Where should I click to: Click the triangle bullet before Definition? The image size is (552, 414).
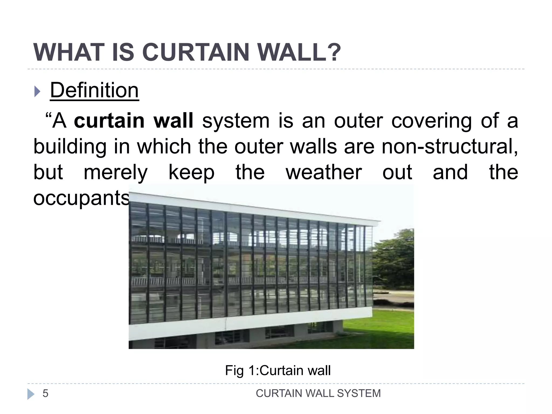pos(37,91)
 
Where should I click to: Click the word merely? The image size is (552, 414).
pos(116,173)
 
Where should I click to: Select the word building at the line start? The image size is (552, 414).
pos(70,147)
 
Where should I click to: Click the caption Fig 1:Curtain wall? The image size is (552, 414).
pos(278,370)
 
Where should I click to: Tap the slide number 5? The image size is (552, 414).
pos(45,394)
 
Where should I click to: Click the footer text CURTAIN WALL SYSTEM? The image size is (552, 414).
pos(318,394)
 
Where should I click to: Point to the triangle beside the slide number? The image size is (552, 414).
pos(31,394)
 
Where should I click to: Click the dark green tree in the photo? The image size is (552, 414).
pos(395,259)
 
